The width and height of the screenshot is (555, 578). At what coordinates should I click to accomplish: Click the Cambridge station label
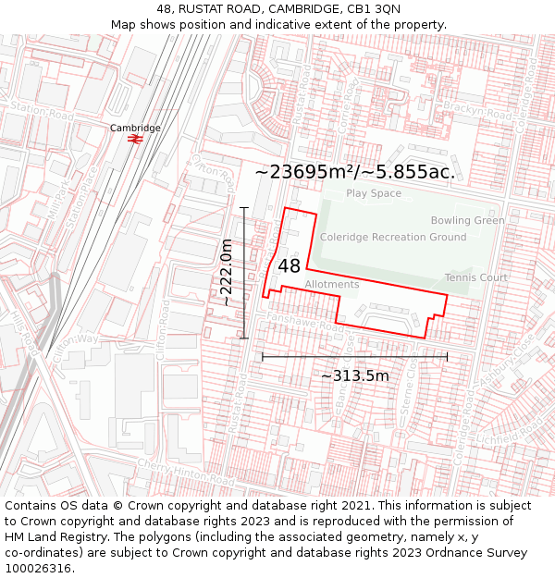point(135,128)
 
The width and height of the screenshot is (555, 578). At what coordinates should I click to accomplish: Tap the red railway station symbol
point(135,139)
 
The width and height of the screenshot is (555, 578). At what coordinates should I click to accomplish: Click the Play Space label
point(374,193)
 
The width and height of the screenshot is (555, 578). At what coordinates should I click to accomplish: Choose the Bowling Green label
point(467,220)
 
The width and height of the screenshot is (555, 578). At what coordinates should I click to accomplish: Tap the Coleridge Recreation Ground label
point(393,238)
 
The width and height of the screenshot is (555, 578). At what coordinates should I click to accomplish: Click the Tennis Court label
point(475,277)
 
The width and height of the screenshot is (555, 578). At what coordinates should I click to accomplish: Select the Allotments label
point(331,285)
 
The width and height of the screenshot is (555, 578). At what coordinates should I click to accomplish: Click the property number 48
point(289,266)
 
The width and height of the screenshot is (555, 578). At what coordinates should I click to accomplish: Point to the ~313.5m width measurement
point(354,375)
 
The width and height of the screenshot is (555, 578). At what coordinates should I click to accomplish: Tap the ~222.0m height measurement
point(227,272)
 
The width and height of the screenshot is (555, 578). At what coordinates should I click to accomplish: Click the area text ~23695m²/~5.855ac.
point(354,172)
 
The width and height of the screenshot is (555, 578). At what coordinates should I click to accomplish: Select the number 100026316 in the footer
point(38,568)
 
